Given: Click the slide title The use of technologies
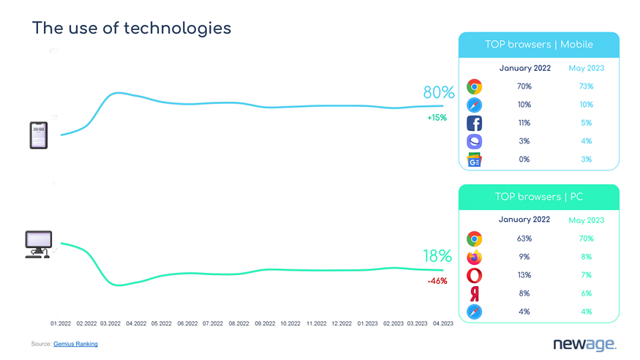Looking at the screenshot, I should coord(132,28).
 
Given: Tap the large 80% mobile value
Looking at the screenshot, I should coord(438,93).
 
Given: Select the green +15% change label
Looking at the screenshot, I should coord(437,118).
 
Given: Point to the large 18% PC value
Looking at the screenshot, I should coord(437,256).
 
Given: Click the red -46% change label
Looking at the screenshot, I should coord(437,281).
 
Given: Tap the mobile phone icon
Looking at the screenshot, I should coord(39,135).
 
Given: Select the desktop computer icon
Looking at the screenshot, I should coord(39,244).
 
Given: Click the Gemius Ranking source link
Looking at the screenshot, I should coord(75,344).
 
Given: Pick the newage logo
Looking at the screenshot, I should coord(584,344).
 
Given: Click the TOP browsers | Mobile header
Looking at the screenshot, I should coord(538,45).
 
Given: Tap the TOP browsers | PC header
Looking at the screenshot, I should coord(538,197).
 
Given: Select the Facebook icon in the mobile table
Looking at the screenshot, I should coord(474,124).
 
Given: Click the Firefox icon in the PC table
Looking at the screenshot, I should coord(474,257).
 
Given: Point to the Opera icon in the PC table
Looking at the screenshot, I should coord(474,275).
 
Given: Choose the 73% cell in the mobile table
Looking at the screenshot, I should coord(586,86).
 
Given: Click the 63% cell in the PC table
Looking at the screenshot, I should coord(524,239).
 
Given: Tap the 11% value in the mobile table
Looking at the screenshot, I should coord(524,123).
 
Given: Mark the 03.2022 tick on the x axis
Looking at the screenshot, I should coord(110,323).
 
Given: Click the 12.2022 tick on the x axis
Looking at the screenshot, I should coord(342,323).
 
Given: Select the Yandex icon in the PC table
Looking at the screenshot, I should coord(474,293).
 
